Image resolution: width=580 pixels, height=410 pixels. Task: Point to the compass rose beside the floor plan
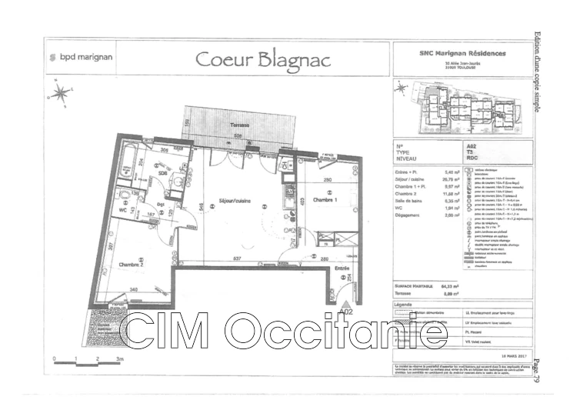59,95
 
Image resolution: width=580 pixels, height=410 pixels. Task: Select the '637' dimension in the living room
238,258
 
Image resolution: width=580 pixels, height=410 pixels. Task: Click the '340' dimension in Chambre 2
134,290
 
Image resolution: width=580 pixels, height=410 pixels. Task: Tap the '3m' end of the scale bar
119,358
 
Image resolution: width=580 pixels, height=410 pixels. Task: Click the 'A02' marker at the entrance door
345,313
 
